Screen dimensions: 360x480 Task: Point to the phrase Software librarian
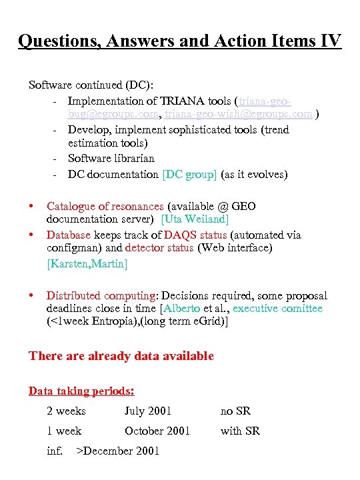tap(111, 159)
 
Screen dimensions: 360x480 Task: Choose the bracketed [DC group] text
tap(190, 174)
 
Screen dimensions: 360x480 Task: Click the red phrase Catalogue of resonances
tap(105, 206)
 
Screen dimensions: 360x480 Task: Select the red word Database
tap(69, 235)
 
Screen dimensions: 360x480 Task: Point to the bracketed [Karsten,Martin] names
tap(87, 263)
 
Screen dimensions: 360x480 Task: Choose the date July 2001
tap(147, 411)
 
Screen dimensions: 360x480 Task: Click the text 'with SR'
tap(240, 431)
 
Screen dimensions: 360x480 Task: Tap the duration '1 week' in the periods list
tap(64, 431)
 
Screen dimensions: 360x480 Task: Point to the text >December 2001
tap(118, 451)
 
